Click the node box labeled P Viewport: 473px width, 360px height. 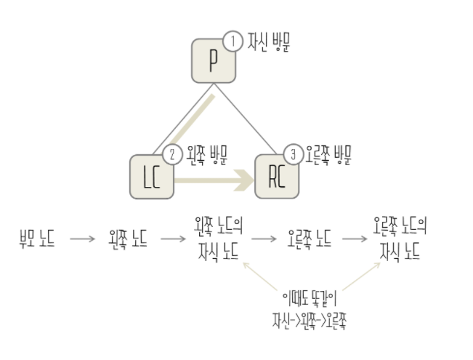[x=214, y=61]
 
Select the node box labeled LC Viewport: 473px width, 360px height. [x=152, y=176]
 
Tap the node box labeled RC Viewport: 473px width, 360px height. [x=277, y=176]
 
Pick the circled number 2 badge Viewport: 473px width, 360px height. [x=172, y=155]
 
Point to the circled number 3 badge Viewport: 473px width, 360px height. [x=293, y=155]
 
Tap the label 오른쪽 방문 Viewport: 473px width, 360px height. [x=328, y=154]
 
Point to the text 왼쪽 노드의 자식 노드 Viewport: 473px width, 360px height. [x=218, y=238]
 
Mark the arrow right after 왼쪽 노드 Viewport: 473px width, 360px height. [x=173, y=239]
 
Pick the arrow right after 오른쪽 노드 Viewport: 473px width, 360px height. [x=355, y=239]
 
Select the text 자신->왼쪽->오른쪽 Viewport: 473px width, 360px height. [x=310, y=319]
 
